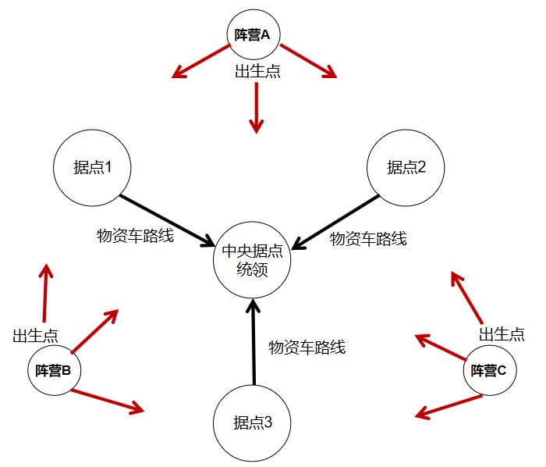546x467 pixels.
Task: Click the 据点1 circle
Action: click(x=92, y=167)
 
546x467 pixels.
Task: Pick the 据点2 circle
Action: click(x=406, y=167)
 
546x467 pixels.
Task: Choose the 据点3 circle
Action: click(x=253, y=422)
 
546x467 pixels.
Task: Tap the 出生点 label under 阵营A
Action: click(x=257, y=72)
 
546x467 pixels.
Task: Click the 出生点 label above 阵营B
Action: click(x=35, y=337)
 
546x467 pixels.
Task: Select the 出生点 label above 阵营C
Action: click(x=502, y=334)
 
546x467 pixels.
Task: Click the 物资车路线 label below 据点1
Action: click(x=134, y=235)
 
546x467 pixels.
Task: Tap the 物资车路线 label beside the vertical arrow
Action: click(x=307, y=348)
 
